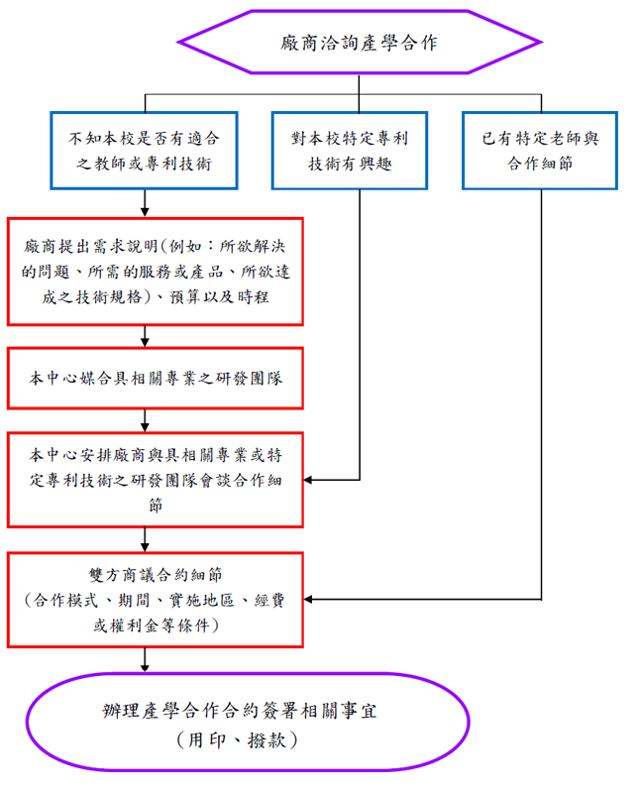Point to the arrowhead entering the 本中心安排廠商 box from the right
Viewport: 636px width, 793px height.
click(x=308, y=480)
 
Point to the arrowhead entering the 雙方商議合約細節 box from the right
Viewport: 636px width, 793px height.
click(x=308, y=600)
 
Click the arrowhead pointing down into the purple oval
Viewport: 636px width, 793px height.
click(x=145, y=668)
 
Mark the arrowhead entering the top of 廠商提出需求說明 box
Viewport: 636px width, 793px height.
click(x=145, y=213)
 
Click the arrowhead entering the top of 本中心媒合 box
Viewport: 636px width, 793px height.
click(x=145, y=342)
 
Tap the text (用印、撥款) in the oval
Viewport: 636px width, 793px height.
click(x=238, y=740)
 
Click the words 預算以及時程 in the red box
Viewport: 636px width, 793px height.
click(x=219, y=296)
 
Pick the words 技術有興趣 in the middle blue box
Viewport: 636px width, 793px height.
click(x=351, y=164)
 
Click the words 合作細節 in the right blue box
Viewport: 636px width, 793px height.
click(x=540, y=164)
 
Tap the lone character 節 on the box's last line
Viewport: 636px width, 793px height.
click(x=156, y=505)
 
